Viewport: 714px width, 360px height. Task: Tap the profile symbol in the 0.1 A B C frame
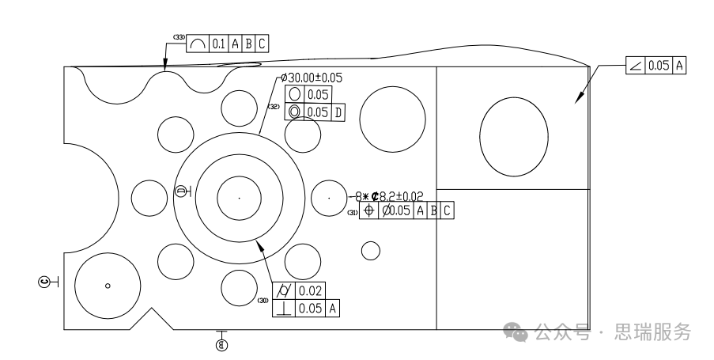coord(198,45)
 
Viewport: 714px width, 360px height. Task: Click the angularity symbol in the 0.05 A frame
coord(635,66)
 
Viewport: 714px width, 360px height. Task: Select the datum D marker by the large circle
coord(181,191)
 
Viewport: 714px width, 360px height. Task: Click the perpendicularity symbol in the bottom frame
coord(283,309)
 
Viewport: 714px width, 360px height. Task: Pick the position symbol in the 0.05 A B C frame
coord(368,211)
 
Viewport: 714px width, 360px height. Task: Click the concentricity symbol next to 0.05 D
coord(295,112)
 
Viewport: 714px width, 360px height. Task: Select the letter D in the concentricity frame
coord(338,112)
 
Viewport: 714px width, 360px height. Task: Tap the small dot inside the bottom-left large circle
coord(108,285)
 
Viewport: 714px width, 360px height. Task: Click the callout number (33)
coord(179,38)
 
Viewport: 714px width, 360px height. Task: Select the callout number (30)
coord(263,300)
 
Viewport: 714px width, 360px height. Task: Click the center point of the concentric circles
coord(240,197)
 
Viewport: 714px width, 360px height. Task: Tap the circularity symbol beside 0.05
coord(295,96)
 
